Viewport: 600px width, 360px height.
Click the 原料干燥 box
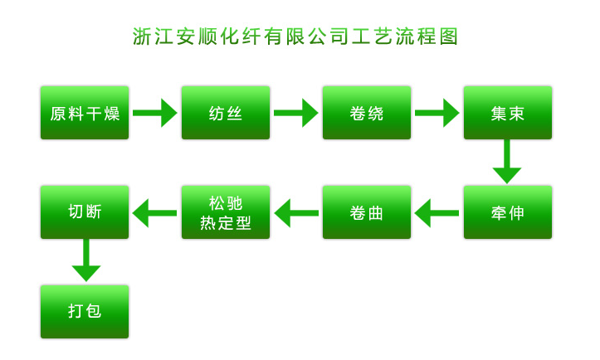click(x=85, y=112)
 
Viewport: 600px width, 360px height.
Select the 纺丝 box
click(x=226, y=112)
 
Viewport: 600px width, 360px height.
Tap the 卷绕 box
click(x=367, y=112)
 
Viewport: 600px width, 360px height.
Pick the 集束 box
click(x=508, y=112)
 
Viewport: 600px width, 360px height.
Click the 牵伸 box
click(x=508, y=212)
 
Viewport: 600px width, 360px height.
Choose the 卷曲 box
click(x=367, y=212)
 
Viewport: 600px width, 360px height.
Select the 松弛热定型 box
click(x=226, y=212)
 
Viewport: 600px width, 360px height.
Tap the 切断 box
click(x=85, y=212)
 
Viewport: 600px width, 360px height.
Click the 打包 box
click(x=85, y=311)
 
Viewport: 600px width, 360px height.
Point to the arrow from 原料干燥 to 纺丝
click(x=155, y=112)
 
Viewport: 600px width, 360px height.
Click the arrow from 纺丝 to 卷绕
click(x=296, y=112)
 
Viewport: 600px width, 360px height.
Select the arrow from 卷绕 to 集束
click(x=437, y=112)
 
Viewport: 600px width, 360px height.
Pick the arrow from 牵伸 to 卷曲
click(x=437, y=212)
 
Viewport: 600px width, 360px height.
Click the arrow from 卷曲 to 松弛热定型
click(x=296, y=212)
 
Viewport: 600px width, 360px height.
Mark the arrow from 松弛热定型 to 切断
click(x=155, y=212)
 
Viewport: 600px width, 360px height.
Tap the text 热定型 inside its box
click(x=226, y=223)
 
